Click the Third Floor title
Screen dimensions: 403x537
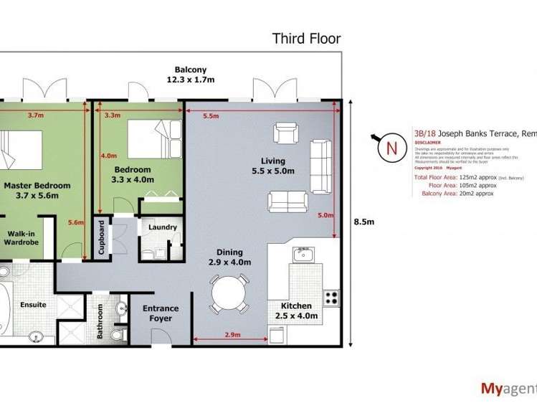click(x=306, y=39)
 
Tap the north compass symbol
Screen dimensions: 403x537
click(x=390, y=148)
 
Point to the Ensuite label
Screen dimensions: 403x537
click(x=32, y=305)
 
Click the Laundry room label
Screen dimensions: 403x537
click(x=162, y=228)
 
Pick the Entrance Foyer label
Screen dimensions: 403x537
click(x=161, y=313)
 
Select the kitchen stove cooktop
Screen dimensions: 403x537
click(x=331, y=296)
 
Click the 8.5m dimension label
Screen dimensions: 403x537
click(x=364, y=222)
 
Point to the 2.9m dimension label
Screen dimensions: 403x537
click(x=232, y=336)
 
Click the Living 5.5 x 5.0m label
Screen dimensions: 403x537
click(x=273, y=166)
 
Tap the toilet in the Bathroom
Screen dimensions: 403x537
click(x=120, y=334)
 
